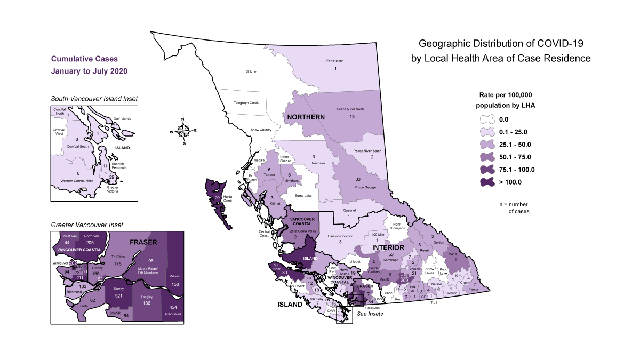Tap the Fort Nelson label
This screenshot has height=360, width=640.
click(335, 61)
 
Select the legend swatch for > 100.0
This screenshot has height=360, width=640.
click(486, 182)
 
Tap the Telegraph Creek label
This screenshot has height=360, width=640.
click(249, 102)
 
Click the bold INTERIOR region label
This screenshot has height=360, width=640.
click(387, 248)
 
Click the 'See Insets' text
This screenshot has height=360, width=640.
click(370, 314)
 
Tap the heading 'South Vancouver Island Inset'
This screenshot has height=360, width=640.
click(94, 99)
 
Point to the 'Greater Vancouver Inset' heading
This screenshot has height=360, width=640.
click(86, 225)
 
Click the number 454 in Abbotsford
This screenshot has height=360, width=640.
click(173, 307)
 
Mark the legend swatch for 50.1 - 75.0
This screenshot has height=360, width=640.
click(486, 157)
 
